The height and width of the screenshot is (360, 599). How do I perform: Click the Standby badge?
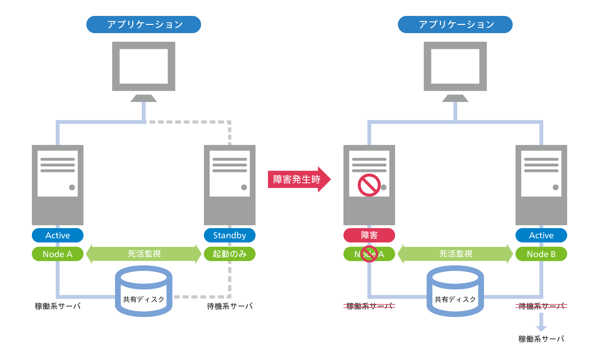coord(229,235)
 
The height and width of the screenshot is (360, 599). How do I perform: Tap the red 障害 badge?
coord(369,235)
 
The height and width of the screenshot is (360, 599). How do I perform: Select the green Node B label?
coord(541,254)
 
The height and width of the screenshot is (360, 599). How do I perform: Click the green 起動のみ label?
coord(229,254)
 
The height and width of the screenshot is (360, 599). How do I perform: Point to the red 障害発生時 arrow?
coord(298,179)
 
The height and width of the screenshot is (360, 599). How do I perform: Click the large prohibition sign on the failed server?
coord(369,185)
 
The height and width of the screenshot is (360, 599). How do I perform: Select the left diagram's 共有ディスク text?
coord(143,299)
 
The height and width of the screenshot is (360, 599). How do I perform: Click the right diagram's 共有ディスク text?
coord(455,299)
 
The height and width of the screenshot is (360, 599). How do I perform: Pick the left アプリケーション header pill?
coord(143,25)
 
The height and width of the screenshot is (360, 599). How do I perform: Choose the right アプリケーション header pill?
coord(455,25)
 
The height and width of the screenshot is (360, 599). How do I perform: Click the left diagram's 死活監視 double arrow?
coord(144,254)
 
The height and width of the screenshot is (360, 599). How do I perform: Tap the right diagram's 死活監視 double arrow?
coord(455,254)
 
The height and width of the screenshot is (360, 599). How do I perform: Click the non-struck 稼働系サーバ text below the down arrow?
coord(541,339)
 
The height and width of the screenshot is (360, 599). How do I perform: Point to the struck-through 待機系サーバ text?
coord(541,306)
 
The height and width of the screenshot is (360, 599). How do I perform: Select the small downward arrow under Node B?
coord(541,322)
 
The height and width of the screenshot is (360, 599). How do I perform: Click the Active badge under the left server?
coord(57,235)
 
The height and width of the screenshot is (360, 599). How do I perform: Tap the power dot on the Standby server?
coord(244,187)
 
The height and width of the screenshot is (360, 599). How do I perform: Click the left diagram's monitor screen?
coord(143,66)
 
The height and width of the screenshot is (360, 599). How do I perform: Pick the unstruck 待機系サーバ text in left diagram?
coord(229,306)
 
